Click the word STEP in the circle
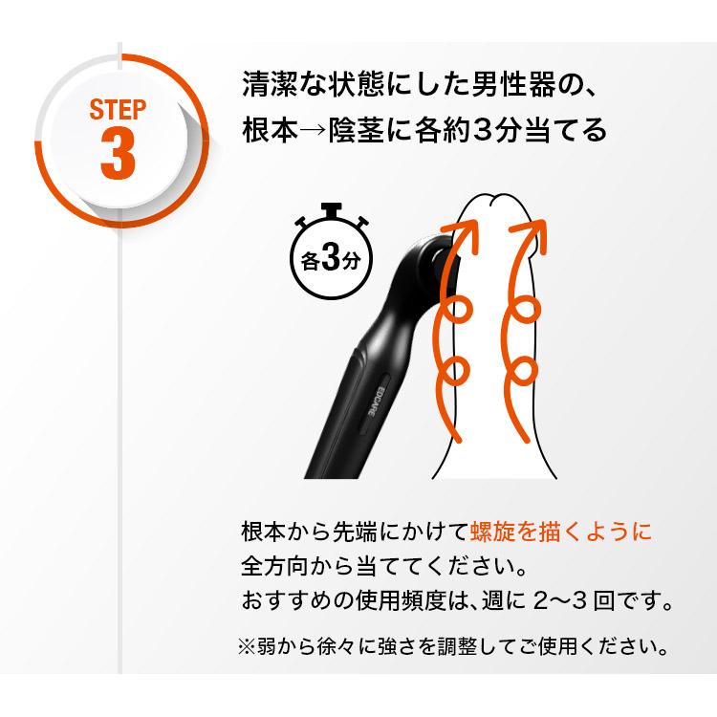(x=118, y=108)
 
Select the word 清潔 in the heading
(x=272, y=83)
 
